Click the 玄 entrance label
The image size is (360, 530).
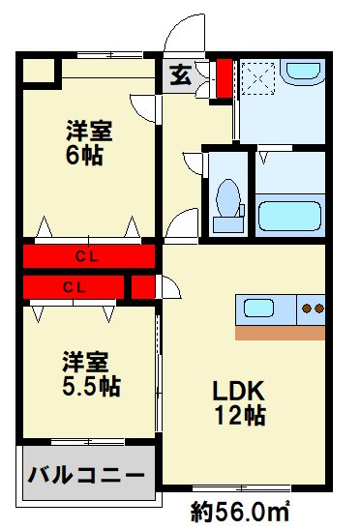(x=180, y=75)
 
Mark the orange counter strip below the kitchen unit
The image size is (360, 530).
(x=280, y=332)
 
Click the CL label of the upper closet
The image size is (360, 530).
(x=88, y=257)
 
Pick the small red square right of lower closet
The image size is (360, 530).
(x=142, y=286)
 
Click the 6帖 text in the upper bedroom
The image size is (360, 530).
(x=84, y=154)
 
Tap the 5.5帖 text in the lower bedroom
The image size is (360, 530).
(x=86, y=385)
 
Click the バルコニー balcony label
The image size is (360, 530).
(x=85, y=476)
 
